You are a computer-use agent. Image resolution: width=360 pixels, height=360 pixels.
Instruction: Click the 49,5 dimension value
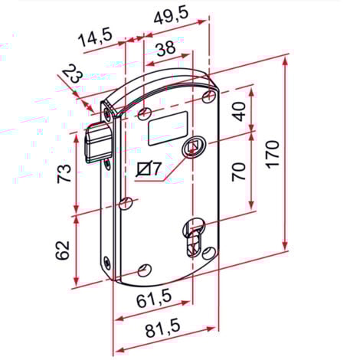(x=171, y=16)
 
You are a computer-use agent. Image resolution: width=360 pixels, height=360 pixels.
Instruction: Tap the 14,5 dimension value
(x=96, y=38)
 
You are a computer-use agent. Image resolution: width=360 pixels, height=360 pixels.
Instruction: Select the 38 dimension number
(x=166, y=48)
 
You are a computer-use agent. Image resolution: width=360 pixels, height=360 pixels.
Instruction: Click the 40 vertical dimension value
(x=240, y=112)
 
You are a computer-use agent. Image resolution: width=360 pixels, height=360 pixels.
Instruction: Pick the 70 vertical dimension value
(x=239, y=172)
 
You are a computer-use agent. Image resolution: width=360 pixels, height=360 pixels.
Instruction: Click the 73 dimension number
(x=64, y=174)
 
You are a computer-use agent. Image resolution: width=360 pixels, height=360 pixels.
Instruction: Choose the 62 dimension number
(x=63, y=250)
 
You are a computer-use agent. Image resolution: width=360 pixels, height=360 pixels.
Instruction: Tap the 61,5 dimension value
(x=155, y=299)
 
